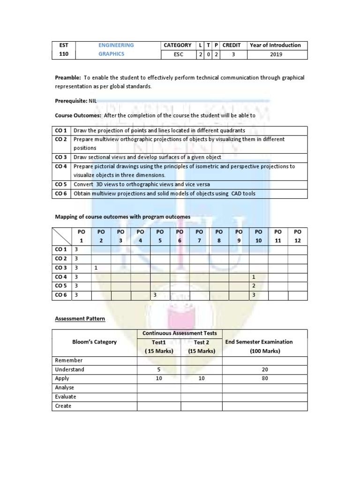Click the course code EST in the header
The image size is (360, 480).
point(63,45)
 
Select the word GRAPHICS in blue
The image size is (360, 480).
point(111,54)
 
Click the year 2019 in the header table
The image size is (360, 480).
point(276,54)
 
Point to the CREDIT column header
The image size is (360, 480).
point(231,45)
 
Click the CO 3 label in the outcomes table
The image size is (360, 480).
point(61,157)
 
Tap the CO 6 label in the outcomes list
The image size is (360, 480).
point(61,194)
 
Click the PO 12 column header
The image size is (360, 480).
point(297,236)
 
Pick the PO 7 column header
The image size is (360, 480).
point(199,236)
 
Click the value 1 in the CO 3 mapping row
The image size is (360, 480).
point(96,268)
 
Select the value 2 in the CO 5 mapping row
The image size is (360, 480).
point(254,286)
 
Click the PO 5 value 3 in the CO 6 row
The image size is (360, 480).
point(154,295)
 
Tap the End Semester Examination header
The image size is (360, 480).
point(265,342)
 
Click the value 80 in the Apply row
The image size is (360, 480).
point(265,379)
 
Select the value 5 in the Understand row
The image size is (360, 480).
point(159,369)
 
